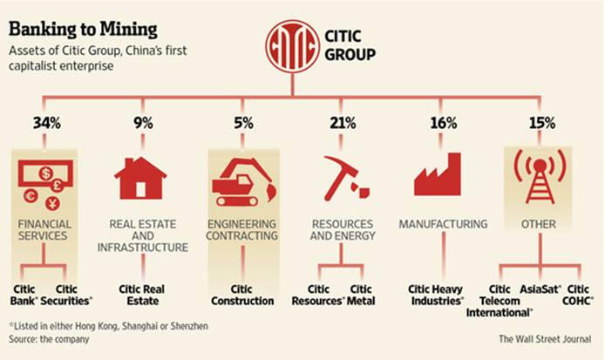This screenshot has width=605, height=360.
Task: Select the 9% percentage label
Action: click(x=141, y=123)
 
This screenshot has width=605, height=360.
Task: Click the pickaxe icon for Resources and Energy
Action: click(x=342, y=176)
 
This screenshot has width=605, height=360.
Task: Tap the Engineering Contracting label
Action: click(x=241, y=230)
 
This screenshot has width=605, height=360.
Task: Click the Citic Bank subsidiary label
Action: click(x=24, y=295)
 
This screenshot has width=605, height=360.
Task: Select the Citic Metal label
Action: click(x=361, y=295)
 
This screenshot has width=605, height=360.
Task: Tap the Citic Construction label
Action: click(x=241, y=295)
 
